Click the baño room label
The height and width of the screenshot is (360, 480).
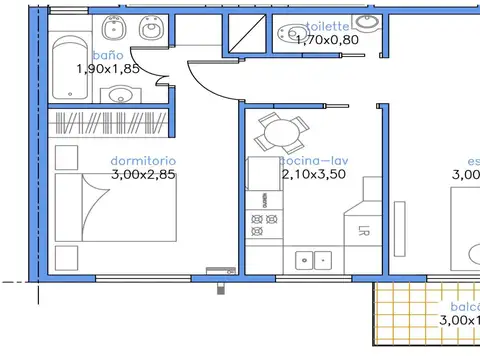tap(110, 55)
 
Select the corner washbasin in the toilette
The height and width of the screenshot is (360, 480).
tap(368, 21)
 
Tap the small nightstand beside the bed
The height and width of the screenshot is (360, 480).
tap(67, 157)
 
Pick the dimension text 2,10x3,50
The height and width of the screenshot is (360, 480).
tap(313, 174)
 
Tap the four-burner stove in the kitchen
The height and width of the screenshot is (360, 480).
tap(263, 225)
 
